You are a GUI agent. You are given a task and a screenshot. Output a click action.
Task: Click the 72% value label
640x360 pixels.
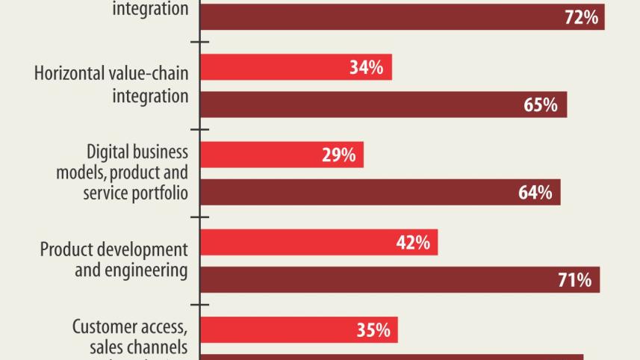[x=581, y=17]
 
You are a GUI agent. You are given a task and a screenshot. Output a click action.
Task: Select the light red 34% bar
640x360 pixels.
[x=296, y=68]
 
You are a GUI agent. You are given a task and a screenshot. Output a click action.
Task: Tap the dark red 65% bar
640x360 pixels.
[x=383, y=105]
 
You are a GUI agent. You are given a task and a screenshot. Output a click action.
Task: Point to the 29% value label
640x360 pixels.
[x=338, y=155]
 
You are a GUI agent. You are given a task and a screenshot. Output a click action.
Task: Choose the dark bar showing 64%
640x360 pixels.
[x=380, y=192]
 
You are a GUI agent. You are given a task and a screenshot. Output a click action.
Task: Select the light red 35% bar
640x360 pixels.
[x=299, y=330]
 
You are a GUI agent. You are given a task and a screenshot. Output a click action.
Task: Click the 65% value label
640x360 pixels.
[x=541, y=105]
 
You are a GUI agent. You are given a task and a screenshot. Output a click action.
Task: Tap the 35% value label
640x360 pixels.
[x=373, y=330]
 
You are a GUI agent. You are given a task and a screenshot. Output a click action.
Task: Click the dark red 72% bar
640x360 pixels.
[x=402, y=17]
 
